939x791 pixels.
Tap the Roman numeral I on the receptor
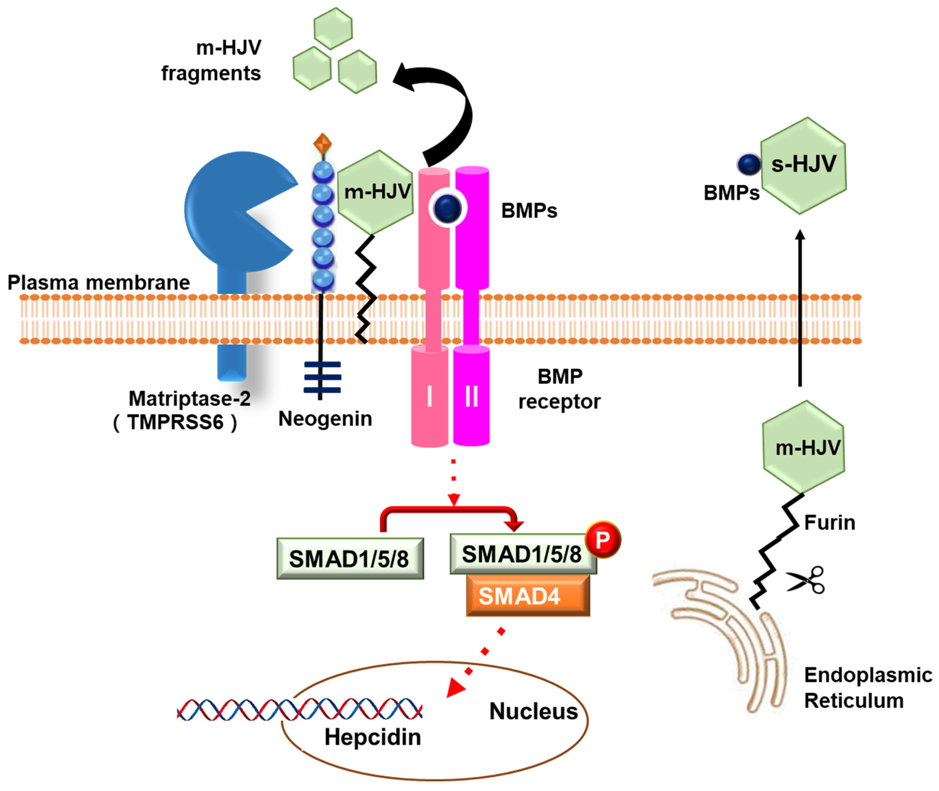429,396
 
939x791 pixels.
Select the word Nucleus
533,711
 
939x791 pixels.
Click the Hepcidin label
373,737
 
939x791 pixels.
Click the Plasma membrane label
99,282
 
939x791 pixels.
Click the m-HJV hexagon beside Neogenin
376,192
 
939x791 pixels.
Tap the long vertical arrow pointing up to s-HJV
800,309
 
